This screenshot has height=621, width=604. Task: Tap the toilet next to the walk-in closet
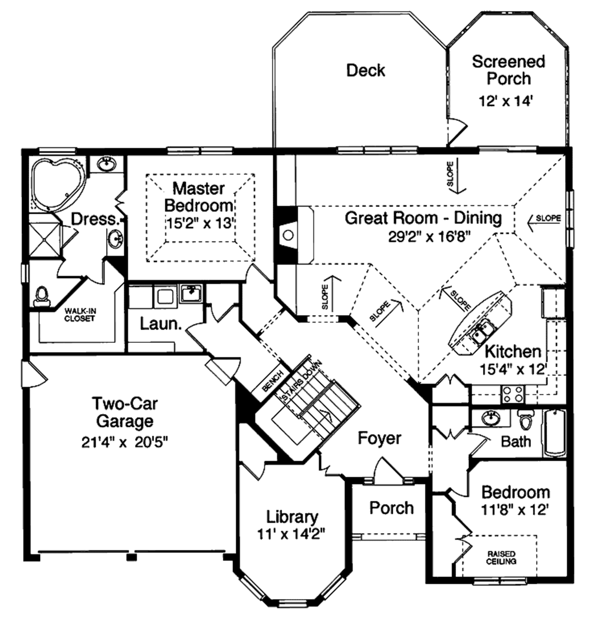42,296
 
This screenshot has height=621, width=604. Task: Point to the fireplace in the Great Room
288,234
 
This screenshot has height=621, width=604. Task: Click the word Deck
365,71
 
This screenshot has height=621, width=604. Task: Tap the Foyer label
380,438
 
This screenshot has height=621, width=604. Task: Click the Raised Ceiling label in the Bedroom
502,557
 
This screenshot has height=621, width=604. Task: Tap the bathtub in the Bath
554,434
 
